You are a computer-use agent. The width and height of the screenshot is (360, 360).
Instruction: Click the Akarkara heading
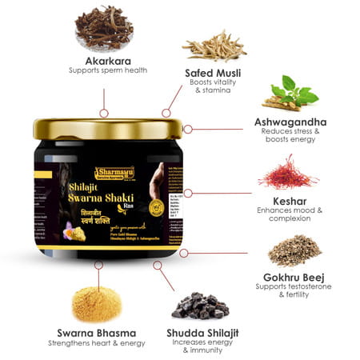click(102, 61)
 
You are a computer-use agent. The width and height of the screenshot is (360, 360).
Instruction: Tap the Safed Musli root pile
click(213, 46)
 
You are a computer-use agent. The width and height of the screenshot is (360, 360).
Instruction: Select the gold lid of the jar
click(108, 128)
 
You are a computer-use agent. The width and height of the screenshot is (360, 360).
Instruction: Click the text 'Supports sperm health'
click(102, 73)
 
